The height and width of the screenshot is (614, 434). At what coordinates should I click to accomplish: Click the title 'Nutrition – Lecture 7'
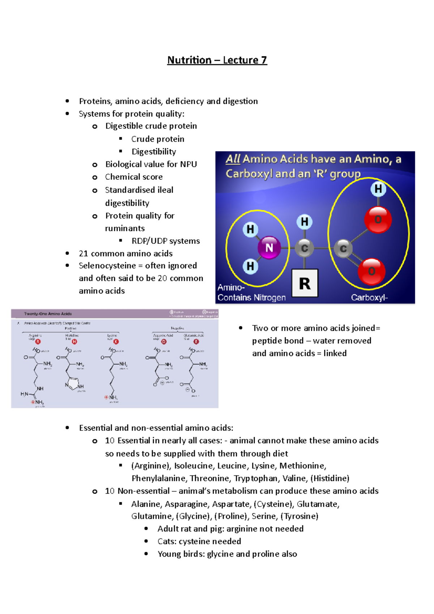(217, 60)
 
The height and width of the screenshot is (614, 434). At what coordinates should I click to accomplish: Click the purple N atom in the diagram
(269, 248)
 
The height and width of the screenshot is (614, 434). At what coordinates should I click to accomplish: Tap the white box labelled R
(305, 283)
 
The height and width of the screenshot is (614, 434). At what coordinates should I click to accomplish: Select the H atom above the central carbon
(305, 222)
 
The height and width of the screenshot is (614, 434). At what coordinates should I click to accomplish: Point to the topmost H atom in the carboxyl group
(378, 189)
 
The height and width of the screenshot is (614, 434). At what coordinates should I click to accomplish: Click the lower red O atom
(371, 271)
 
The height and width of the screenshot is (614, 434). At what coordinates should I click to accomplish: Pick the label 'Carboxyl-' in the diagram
(369, 298)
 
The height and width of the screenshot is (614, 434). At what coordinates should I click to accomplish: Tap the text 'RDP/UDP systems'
(166, 241)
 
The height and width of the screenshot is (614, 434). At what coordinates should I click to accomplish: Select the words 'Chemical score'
(134, 177)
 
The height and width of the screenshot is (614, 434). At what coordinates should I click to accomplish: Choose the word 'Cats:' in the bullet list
(167, 541)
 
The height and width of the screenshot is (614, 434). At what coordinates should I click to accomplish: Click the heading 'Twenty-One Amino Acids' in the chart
(48, 314)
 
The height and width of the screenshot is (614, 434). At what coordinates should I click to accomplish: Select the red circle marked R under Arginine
(38, 341)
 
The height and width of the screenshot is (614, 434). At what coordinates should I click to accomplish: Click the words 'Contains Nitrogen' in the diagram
(251, 298)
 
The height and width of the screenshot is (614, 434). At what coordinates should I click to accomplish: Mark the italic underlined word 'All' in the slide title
(233, 159)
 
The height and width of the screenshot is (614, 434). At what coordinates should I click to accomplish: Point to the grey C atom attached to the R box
(305, 248)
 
